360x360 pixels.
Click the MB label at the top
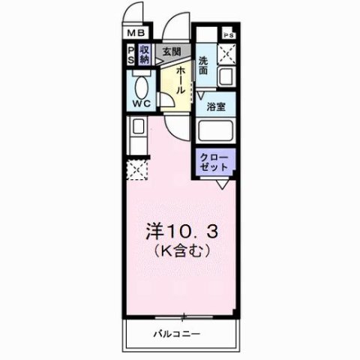click(x=136, y=33)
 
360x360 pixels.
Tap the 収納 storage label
click(x=145, y=55)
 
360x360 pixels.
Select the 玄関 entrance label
click(x=171, y=52)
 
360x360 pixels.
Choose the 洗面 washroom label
click(x=203, y=65)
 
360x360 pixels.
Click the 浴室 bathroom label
click(x=217, y=106)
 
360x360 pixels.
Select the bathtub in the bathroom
click(x=216, y=130)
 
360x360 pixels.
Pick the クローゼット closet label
click(x=216, y=163)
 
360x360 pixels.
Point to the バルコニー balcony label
click(x=178, y=332)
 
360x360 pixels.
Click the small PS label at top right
click(x=228, y=35)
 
